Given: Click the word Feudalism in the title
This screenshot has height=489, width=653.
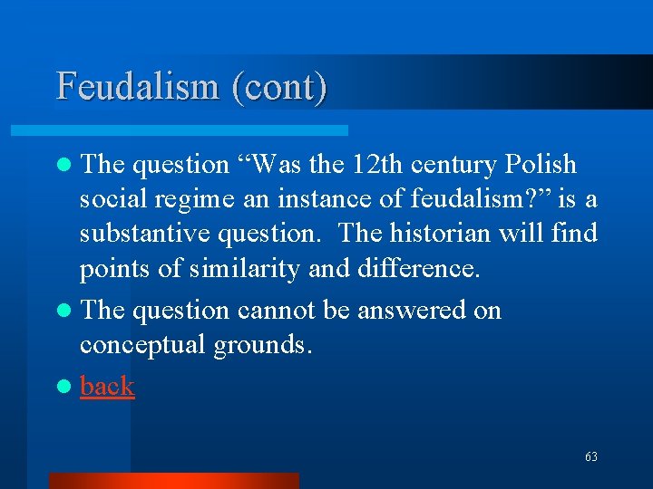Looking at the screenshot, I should [137, 87].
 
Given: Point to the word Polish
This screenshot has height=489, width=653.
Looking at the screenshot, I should [540, 165].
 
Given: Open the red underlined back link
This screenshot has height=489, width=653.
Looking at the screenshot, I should [107, 386].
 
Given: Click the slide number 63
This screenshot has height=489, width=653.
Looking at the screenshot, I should [591, 457].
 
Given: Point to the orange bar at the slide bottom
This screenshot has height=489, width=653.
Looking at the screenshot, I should [173, 480].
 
